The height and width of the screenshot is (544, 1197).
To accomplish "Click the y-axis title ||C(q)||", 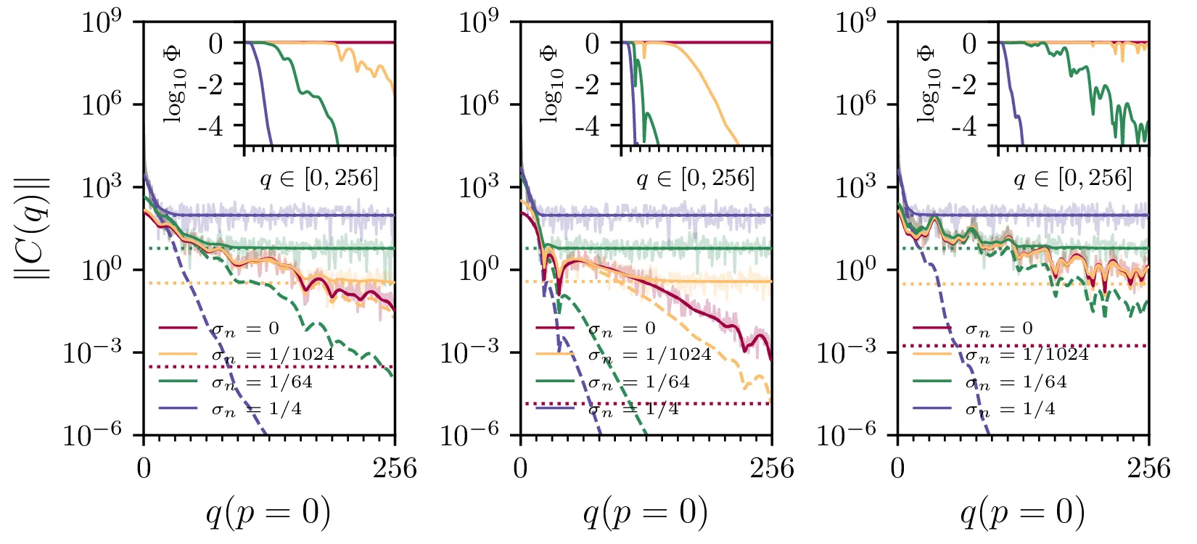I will coord(33,226).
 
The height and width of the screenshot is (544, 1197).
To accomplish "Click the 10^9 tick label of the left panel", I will coord(101,23).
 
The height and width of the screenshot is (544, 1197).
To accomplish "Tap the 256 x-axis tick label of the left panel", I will coord(395,469).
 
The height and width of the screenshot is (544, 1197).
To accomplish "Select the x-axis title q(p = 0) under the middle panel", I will coord(646,513).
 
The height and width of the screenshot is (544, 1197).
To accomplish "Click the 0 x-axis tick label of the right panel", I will coord(897,469).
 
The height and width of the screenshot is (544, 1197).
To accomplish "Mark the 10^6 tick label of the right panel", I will coord(855,104).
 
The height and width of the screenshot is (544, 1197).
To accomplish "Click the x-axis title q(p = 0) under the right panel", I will coord(1023,513).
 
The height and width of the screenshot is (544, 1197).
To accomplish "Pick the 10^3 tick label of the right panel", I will coord(855,187).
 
